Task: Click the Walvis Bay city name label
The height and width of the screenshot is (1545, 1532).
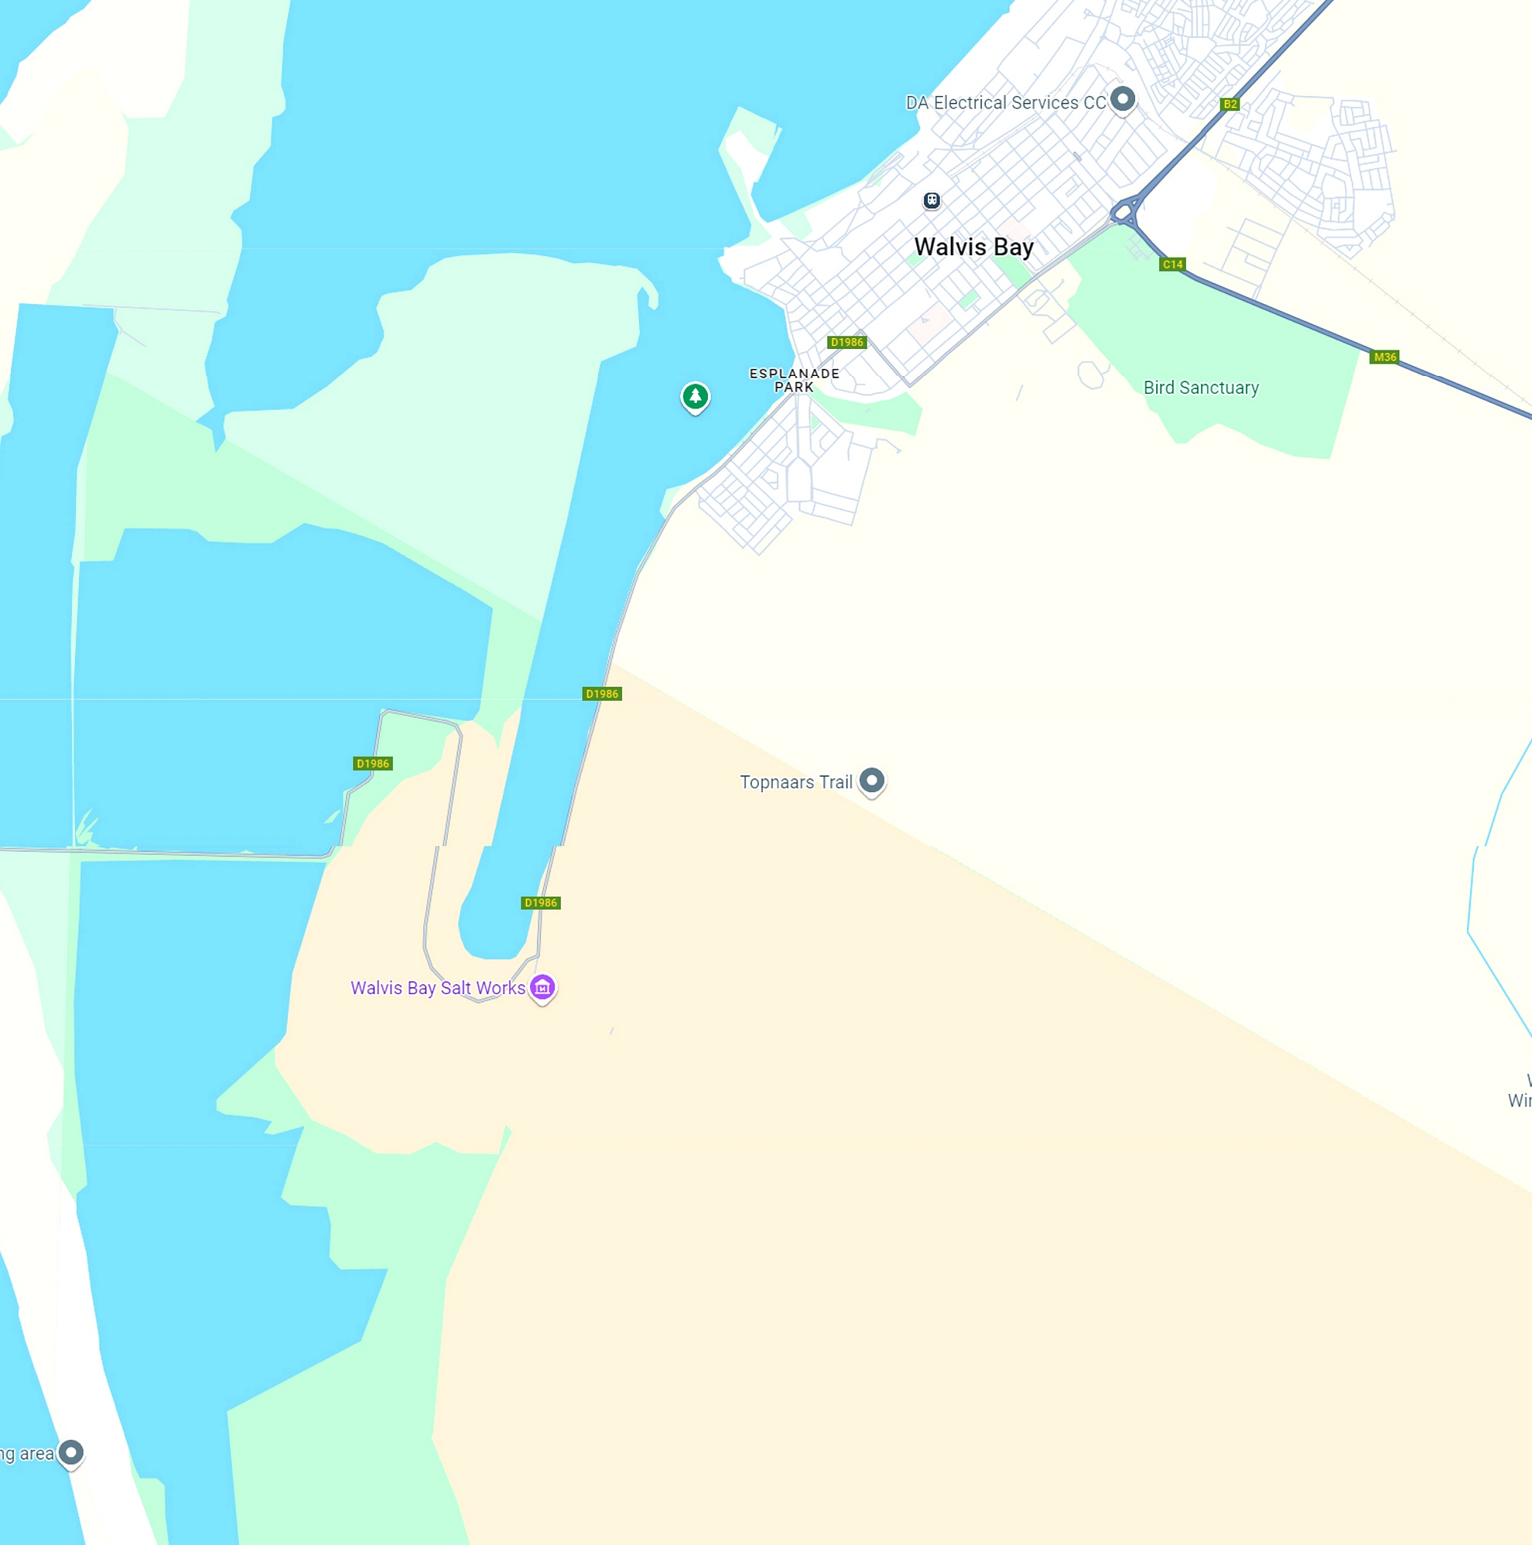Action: pyautogui.click(x=973, y=246)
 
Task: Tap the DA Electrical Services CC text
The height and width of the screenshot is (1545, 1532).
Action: pyautogui.click(x=1005, y=102)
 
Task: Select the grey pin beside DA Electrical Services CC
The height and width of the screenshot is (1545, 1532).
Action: pyautogui.click(x=1123, y=99)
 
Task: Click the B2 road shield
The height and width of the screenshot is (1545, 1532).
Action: pyautogui.click(x=1229, y=104)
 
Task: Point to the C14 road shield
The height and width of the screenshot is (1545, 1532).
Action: pyautogui.click(x=1172, y=264)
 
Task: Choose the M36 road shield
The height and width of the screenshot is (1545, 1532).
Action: pyautogui.click(x=1385, y=357)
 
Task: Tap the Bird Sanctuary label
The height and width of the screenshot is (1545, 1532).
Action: pyautogui.click(x=1200, y=388)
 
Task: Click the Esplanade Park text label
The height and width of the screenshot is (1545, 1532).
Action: pyautogui.click(x=794, y=380)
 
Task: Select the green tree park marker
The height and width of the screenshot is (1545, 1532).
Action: pyautogui.click(x=695, y=396)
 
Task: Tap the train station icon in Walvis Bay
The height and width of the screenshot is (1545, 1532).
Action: pyautogui.click(x=932, y=200)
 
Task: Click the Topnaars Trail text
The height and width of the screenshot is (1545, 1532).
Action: pyautogui.click(x=795, y=782)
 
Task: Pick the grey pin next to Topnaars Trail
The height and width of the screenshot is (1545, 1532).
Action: pyautogui.click(x=871, y=780)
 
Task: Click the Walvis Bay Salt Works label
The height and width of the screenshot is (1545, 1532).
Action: pyautogui.click(x=437, y=988)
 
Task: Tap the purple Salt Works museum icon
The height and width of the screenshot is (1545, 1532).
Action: pyautogui.click(x=542, y=987)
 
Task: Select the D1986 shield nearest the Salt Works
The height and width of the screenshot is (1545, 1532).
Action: pyautogui.click(x=541, y=903)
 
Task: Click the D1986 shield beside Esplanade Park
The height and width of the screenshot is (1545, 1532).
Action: pyautogui.click(x=846, y=342)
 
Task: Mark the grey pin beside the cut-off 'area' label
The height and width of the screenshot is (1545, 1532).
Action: pyautogui.click(x=71, y=1451)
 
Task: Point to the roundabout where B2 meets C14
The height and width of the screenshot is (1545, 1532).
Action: pyautogui.click(x=1124, y=213)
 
